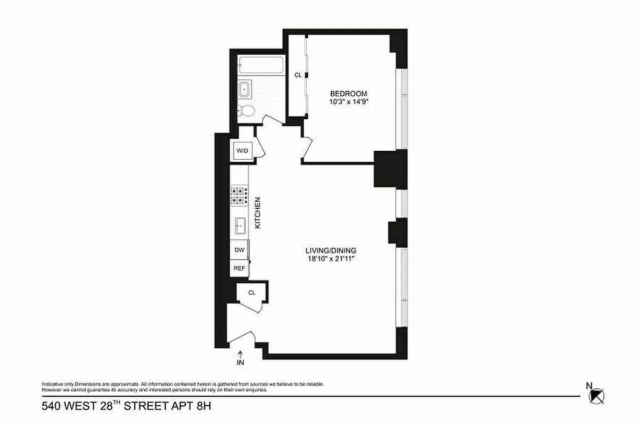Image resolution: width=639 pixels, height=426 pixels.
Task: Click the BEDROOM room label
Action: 348,94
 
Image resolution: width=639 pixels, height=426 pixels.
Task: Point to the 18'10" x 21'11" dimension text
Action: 330,259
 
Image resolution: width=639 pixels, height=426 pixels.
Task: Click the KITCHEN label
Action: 258,213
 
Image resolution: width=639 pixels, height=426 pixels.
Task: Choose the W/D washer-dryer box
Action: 242,151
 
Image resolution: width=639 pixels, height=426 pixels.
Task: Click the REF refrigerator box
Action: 239,268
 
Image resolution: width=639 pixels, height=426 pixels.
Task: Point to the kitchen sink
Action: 240,226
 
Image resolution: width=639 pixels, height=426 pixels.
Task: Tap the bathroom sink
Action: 245,89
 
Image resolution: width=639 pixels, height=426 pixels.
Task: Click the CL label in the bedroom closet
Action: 298,75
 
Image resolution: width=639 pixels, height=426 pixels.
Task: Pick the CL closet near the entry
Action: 252,292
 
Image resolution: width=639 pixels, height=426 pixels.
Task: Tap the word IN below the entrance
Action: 240,363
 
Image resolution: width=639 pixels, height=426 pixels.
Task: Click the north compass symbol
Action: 597,395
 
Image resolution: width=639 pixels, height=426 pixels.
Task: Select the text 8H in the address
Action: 204,407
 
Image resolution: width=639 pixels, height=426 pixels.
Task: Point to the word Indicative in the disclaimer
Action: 53,384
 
